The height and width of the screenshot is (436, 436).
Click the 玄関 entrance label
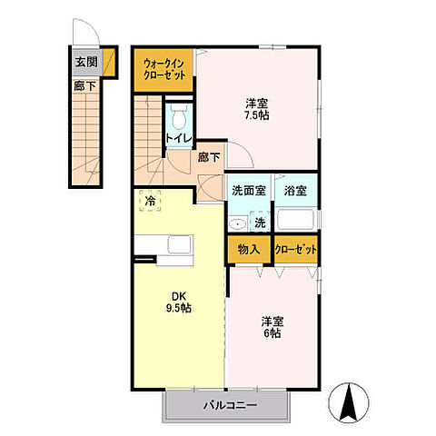(86, 62)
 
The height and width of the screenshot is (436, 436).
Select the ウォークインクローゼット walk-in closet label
(163, 70)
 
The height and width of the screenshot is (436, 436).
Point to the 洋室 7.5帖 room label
(257, 109)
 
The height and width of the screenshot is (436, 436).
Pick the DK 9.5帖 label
(178, 302)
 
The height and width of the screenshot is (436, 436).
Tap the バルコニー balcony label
(230, 405)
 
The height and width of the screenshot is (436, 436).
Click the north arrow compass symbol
(349, 402)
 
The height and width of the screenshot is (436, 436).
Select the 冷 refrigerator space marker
(150, 201)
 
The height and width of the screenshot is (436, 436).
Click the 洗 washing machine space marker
(260, 223)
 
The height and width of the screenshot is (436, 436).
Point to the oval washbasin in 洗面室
(237, 224)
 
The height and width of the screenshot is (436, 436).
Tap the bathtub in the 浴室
(295, 220)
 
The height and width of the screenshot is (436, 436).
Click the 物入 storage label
(249, 250)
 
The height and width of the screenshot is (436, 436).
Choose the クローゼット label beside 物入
(296, 250)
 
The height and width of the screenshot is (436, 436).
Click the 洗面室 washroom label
(249, 191)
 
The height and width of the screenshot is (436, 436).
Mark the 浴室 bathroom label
(295, 191)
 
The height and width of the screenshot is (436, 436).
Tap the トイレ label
(179, 138)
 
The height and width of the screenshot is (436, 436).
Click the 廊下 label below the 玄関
(85, 86)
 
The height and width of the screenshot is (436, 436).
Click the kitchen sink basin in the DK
(180, 244)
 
